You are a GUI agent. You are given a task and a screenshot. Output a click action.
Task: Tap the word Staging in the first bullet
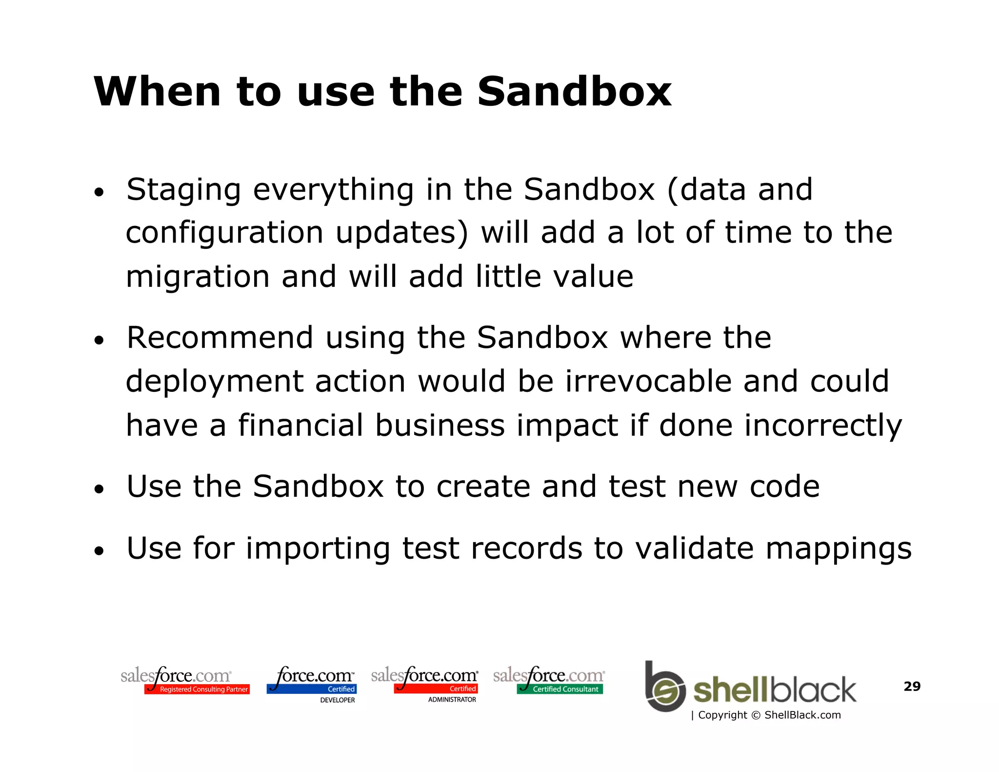tap(183, 190)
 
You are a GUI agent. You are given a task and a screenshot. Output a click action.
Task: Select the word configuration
tap(224, 233)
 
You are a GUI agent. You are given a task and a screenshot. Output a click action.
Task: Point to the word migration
tap(198, 276)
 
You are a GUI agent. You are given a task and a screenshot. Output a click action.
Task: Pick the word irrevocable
tap(649, 381)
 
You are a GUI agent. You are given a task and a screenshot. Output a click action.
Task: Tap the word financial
tap(300, 425)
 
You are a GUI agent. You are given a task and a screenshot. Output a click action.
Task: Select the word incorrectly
tap(823, 425)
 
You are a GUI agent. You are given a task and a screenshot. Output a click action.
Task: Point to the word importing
tap(318, 549)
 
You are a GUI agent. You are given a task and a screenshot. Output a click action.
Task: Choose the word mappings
tap(838, 549)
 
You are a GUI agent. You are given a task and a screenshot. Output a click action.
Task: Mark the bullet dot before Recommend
tap(100, 340)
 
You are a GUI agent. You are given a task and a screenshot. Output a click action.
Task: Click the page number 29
tap(912, 686)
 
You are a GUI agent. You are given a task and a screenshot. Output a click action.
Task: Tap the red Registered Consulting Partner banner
tap(197, 689)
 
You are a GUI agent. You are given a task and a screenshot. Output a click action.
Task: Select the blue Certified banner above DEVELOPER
tap(312, 689)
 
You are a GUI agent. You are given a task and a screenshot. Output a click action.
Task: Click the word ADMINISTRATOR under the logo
tap(452, 700)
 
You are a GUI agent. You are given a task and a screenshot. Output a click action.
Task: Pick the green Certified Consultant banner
tap(560, 689)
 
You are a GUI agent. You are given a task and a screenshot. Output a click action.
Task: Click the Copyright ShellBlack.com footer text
tap(766, 715)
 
